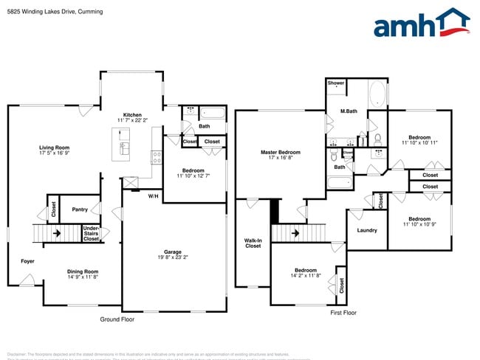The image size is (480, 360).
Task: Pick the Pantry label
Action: coord(80,210)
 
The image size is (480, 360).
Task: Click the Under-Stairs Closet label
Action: coord(92,233)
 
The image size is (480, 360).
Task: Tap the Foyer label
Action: coord(27,261)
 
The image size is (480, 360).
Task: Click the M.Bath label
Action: coord(349,111)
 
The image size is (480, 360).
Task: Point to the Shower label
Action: coord(336,83)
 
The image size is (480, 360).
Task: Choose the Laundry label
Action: coord(367,230)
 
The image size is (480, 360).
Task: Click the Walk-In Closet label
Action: coord(253,243)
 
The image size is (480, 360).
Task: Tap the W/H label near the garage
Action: coord(153,195)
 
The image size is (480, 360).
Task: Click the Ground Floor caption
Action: coord(117,319)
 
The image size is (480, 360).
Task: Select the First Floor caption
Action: coord(343,313)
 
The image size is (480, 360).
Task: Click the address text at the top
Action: coord(55,12)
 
